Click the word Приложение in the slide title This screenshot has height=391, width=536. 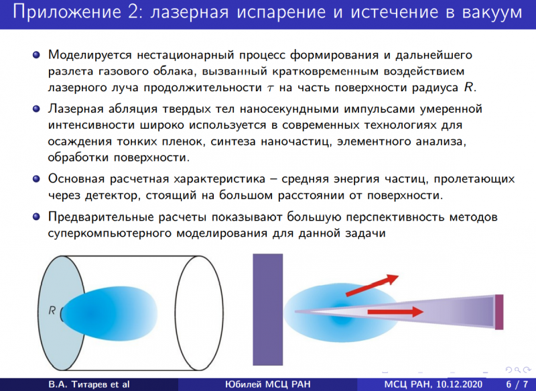pos(66,12)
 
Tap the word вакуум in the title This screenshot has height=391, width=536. pos(492,13)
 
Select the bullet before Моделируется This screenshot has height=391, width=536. pos(36,55)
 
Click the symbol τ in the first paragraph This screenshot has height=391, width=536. pos(271,89)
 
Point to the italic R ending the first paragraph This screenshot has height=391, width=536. pos(468,87)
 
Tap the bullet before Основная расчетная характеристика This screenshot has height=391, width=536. pos(36,179)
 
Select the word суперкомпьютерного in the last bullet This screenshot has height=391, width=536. pos(109,233)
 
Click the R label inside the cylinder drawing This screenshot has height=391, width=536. pos(52,311)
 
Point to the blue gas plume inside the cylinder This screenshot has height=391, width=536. pos(109,313)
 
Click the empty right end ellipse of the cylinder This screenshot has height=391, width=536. pos(199,313)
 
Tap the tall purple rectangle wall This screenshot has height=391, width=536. pos(267,310)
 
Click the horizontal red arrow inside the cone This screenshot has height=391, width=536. pos(395,312)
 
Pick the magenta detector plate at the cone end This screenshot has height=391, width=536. pos(499,312)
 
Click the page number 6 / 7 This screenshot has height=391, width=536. pos(517,384)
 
